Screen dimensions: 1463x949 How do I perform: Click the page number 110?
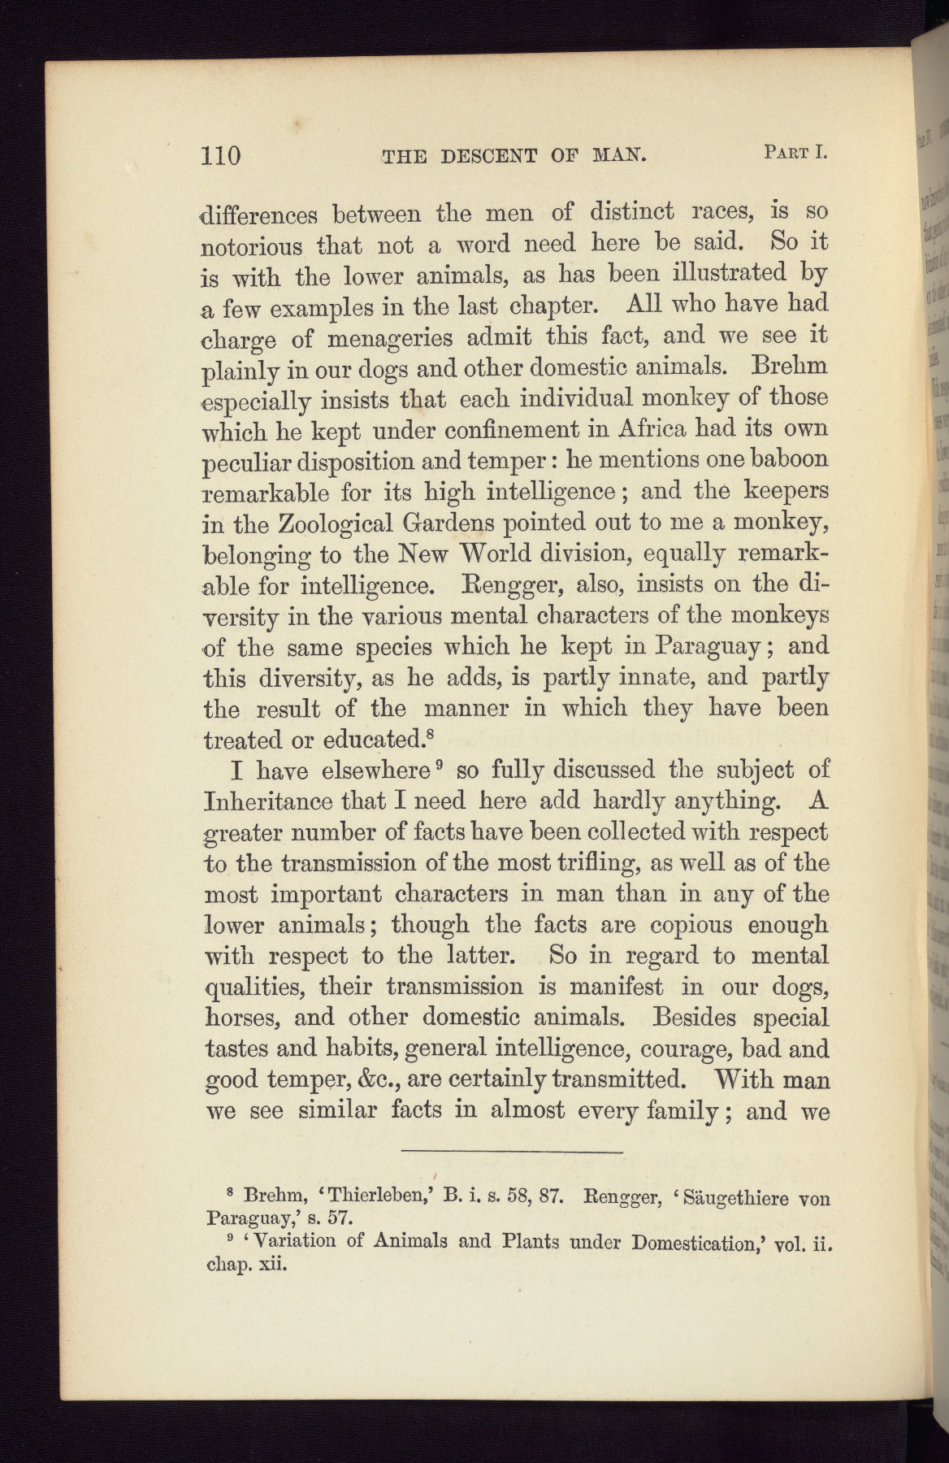click(x=221, y=154)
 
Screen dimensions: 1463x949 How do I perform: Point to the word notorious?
click(x=252, y=245)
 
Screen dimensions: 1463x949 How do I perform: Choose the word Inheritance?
click(x=267, y=801)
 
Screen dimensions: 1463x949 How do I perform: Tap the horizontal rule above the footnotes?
click(x=512, y=1152)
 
